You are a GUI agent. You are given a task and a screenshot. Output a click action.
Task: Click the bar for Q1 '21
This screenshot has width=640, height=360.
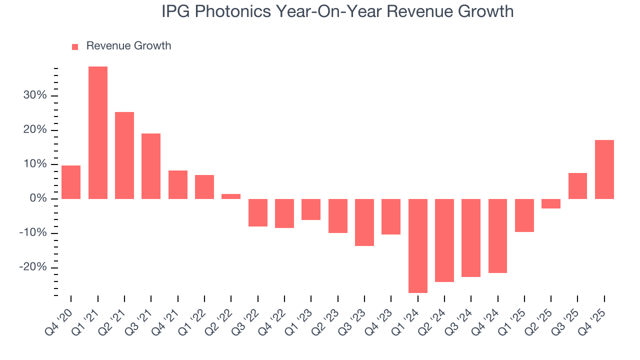[98, 132]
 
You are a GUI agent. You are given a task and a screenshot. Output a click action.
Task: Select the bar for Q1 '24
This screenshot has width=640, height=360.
[418, 245]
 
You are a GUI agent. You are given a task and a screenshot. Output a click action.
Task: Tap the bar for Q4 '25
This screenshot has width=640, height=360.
[604, 169]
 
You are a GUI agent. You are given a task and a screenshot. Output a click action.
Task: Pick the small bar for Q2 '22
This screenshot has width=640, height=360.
[231, 196]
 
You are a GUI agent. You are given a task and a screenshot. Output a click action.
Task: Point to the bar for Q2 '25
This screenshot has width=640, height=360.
[551, 203]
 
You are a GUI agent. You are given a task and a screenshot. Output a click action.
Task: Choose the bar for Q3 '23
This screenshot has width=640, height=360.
[364, 222]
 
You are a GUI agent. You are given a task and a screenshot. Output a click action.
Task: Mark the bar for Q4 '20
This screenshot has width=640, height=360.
[71, 182]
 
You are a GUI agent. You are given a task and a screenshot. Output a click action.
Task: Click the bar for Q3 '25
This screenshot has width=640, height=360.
[577, 186]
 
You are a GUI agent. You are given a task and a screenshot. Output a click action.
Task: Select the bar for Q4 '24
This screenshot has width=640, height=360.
[498, 235]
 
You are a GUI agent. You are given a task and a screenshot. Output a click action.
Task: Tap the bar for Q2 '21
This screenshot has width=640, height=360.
[124, 155]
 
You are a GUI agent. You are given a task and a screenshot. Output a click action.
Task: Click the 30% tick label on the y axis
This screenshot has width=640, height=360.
[35, 95]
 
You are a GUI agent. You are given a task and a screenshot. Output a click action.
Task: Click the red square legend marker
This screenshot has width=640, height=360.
[75, 46]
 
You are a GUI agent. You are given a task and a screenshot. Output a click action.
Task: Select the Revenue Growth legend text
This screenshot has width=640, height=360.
[128, 46]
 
